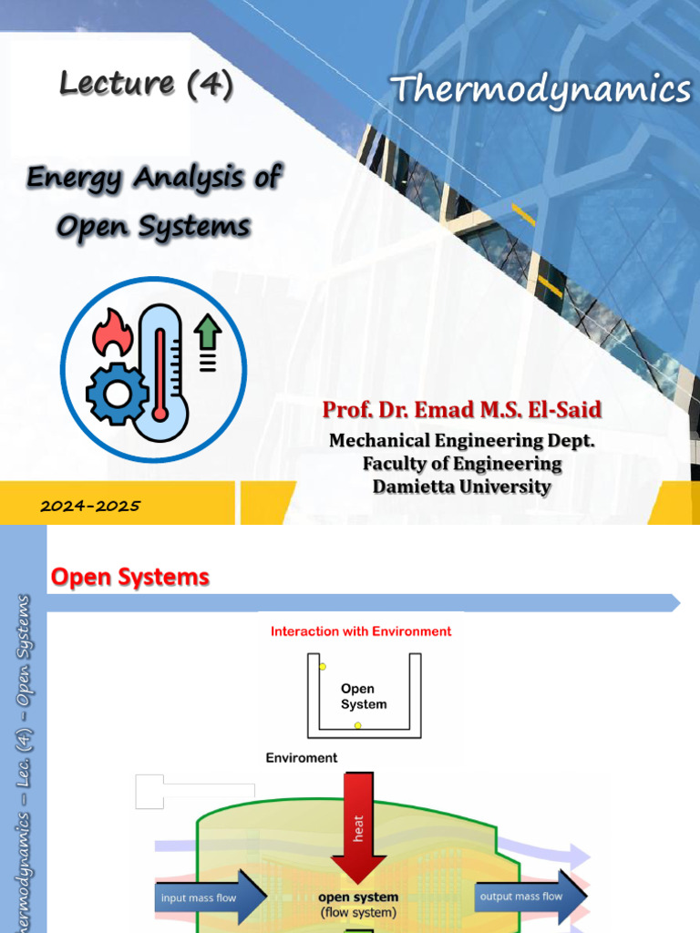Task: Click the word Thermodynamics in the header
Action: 541,89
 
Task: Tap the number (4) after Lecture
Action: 210,84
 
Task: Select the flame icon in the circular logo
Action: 113,333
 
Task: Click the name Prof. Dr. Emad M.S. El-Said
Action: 461,409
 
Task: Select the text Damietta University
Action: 461,487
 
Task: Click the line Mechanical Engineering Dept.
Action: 461,441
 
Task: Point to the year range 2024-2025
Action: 90,506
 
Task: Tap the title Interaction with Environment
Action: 361,631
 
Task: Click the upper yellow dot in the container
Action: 323,667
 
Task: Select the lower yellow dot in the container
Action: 358,725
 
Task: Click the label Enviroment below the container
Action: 302,757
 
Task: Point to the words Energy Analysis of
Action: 154,177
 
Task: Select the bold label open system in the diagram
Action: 358,897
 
